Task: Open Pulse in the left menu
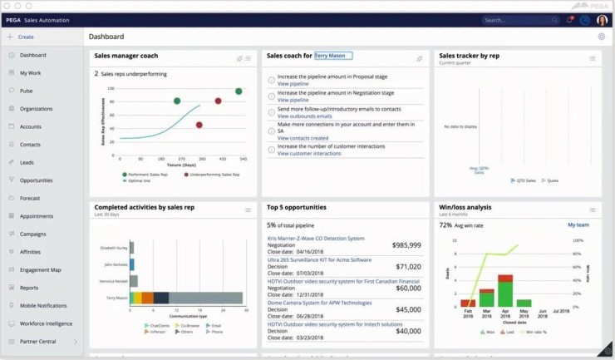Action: click(x=26, y=91)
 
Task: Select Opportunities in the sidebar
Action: click(x=36, y=180)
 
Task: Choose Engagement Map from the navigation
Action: click(x=40, y=270)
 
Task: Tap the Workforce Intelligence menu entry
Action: click(x=46, y=323)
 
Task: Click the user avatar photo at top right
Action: click(x=603, y=20)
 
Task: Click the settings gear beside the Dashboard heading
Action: click(x=602, y=37)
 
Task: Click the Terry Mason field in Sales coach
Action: click(x=332, y=56)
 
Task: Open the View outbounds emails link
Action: click(x=304, y=116)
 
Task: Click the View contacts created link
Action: click(x=303, y=138)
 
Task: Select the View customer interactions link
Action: click(x=309, y=153)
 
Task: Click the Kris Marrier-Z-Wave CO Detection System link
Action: click(x=316, y=239)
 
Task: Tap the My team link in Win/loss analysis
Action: click(x=578, y=224)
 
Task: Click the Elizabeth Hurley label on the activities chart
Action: click(x=115, y=248)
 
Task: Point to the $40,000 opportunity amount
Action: click(x=408, y=331)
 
